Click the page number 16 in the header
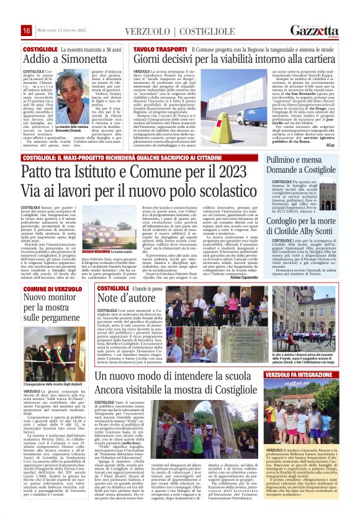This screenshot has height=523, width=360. click(x=27, y=30)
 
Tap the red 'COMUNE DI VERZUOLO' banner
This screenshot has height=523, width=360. click(x=47, y=289)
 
